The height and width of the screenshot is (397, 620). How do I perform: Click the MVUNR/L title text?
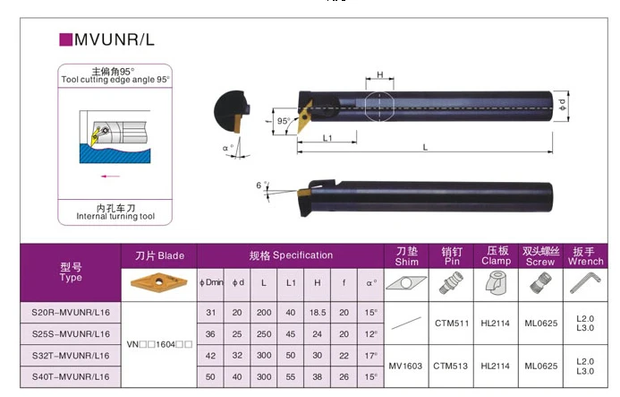115,39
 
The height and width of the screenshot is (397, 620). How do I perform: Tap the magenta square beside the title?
65,39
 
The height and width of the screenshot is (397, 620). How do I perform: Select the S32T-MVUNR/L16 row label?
71,356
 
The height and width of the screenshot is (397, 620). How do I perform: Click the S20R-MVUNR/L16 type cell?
71,313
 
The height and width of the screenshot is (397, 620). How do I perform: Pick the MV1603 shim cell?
405,367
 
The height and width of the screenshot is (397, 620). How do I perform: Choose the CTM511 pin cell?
452,324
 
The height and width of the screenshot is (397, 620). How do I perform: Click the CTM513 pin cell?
451,367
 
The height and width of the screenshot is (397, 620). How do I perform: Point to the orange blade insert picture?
158,282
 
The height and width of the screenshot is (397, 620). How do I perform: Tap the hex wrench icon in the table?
585,283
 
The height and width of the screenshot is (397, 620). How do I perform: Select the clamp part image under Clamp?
496,283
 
